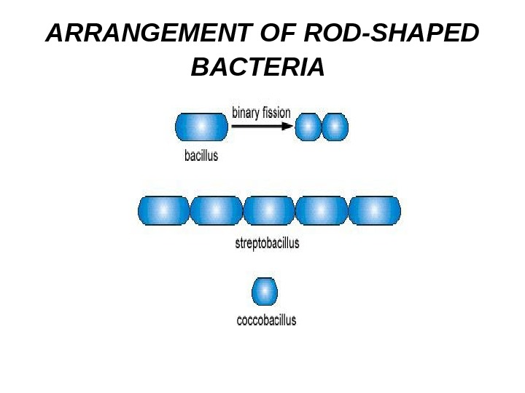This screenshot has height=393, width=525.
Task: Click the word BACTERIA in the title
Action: click(x=257, y=68)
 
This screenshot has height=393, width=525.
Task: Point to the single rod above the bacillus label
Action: click(x=201, y=127)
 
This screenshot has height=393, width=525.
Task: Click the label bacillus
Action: click(x=200, y=155)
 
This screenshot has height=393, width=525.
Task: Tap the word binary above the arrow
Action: click(x=247, y=113)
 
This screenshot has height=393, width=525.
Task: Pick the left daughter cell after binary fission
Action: click(x=308, y=127)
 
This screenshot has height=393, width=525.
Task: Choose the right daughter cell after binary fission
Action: click(x=335, y=127)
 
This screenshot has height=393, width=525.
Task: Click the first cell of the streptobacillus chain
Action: click(x=163, y=210)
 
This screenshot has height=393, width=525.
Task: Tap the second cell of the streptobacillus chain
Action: click(x=216, y=210)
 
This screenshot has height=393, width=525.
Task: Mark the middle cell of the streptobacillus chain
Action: click(x=268, y=210)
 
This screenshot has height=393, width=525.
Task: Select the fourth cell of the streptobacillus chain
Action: click(x=322, y=210)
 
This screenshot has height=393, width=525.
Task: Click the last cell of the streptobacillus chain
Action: click(x=374, y=210)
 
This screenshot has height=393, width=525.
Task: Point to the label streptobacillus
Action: click(x=267, y=244)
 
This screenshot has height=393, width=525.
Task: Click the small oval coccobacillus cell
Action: click(x=265, y=292)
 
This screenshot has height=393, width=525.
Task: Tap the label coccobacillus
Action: click(x=267, y=319)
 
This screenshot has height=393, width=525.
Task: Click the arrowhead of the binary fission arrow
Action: click(x=287, y=126)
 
